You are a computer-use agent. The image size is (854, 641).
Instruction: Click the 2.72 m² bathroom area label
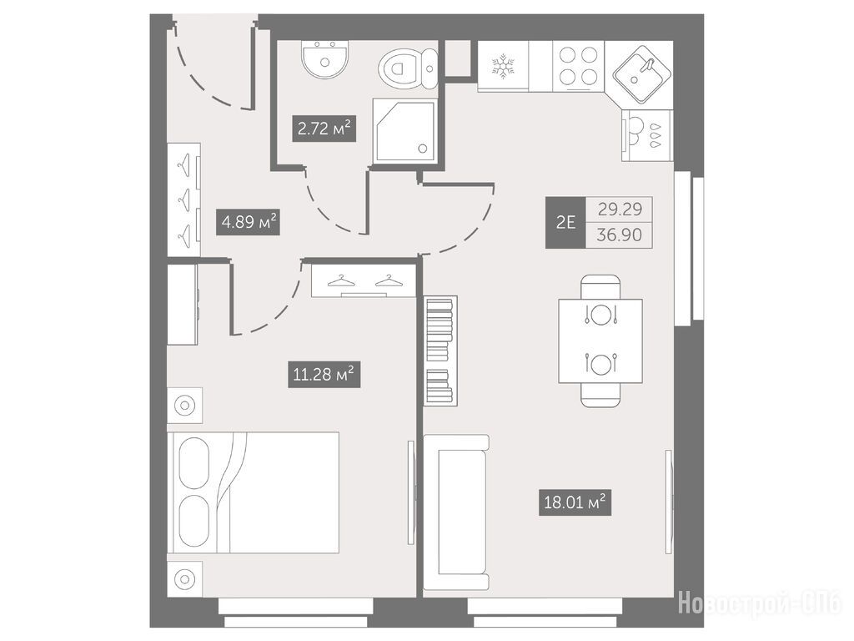click(x=324, y=129)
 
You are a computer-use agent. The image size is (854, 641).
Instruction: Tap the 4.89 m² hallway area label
click(x=248, y=222)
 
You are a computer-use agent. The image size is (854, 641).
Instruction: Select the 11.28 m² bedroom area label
click(x=324, y=375)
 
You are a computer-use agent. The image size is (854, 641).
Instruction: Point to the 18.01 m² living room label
click(x=575, y=502)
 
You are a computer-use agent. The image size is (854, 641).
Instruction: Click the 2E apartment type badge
click(x=565, y=222)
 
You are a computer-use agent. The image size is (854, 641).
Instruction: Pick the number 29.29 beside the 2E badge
click(x=620, y=209)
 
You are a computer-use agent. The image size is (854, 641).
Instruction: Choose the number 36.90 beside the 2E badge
click(x=620, y=235)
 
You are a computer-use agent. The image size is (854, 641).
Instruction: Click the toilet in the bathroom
click(x=408, y=69)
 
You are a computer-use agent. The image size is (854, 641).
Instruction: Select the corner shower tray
click(x=404, y=131)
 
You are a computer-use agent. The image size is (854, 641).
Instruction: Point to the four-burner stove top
click(x=578, y=66)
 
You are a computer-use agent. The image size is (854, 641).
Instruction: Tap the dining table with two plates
click(x=600, y=341)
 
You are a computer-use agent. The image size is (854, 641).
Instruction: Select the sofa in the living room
click(x=456, y=512)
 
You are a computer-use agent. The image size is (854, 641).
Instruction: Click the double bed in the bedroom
click(x=254, y=492)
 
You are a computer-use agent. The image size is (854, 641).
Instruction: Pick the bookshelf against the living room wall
click(x=440, y=351)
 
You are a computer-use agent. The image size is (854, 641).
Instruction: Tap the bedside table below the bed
click(x=184, y=579)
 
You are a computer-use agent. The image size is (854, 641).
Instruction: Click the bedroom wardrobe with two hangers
click(x=364, y=279)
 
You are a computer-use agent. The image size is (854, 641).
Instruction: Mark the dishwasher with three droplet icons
click(x=647, y=135)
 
